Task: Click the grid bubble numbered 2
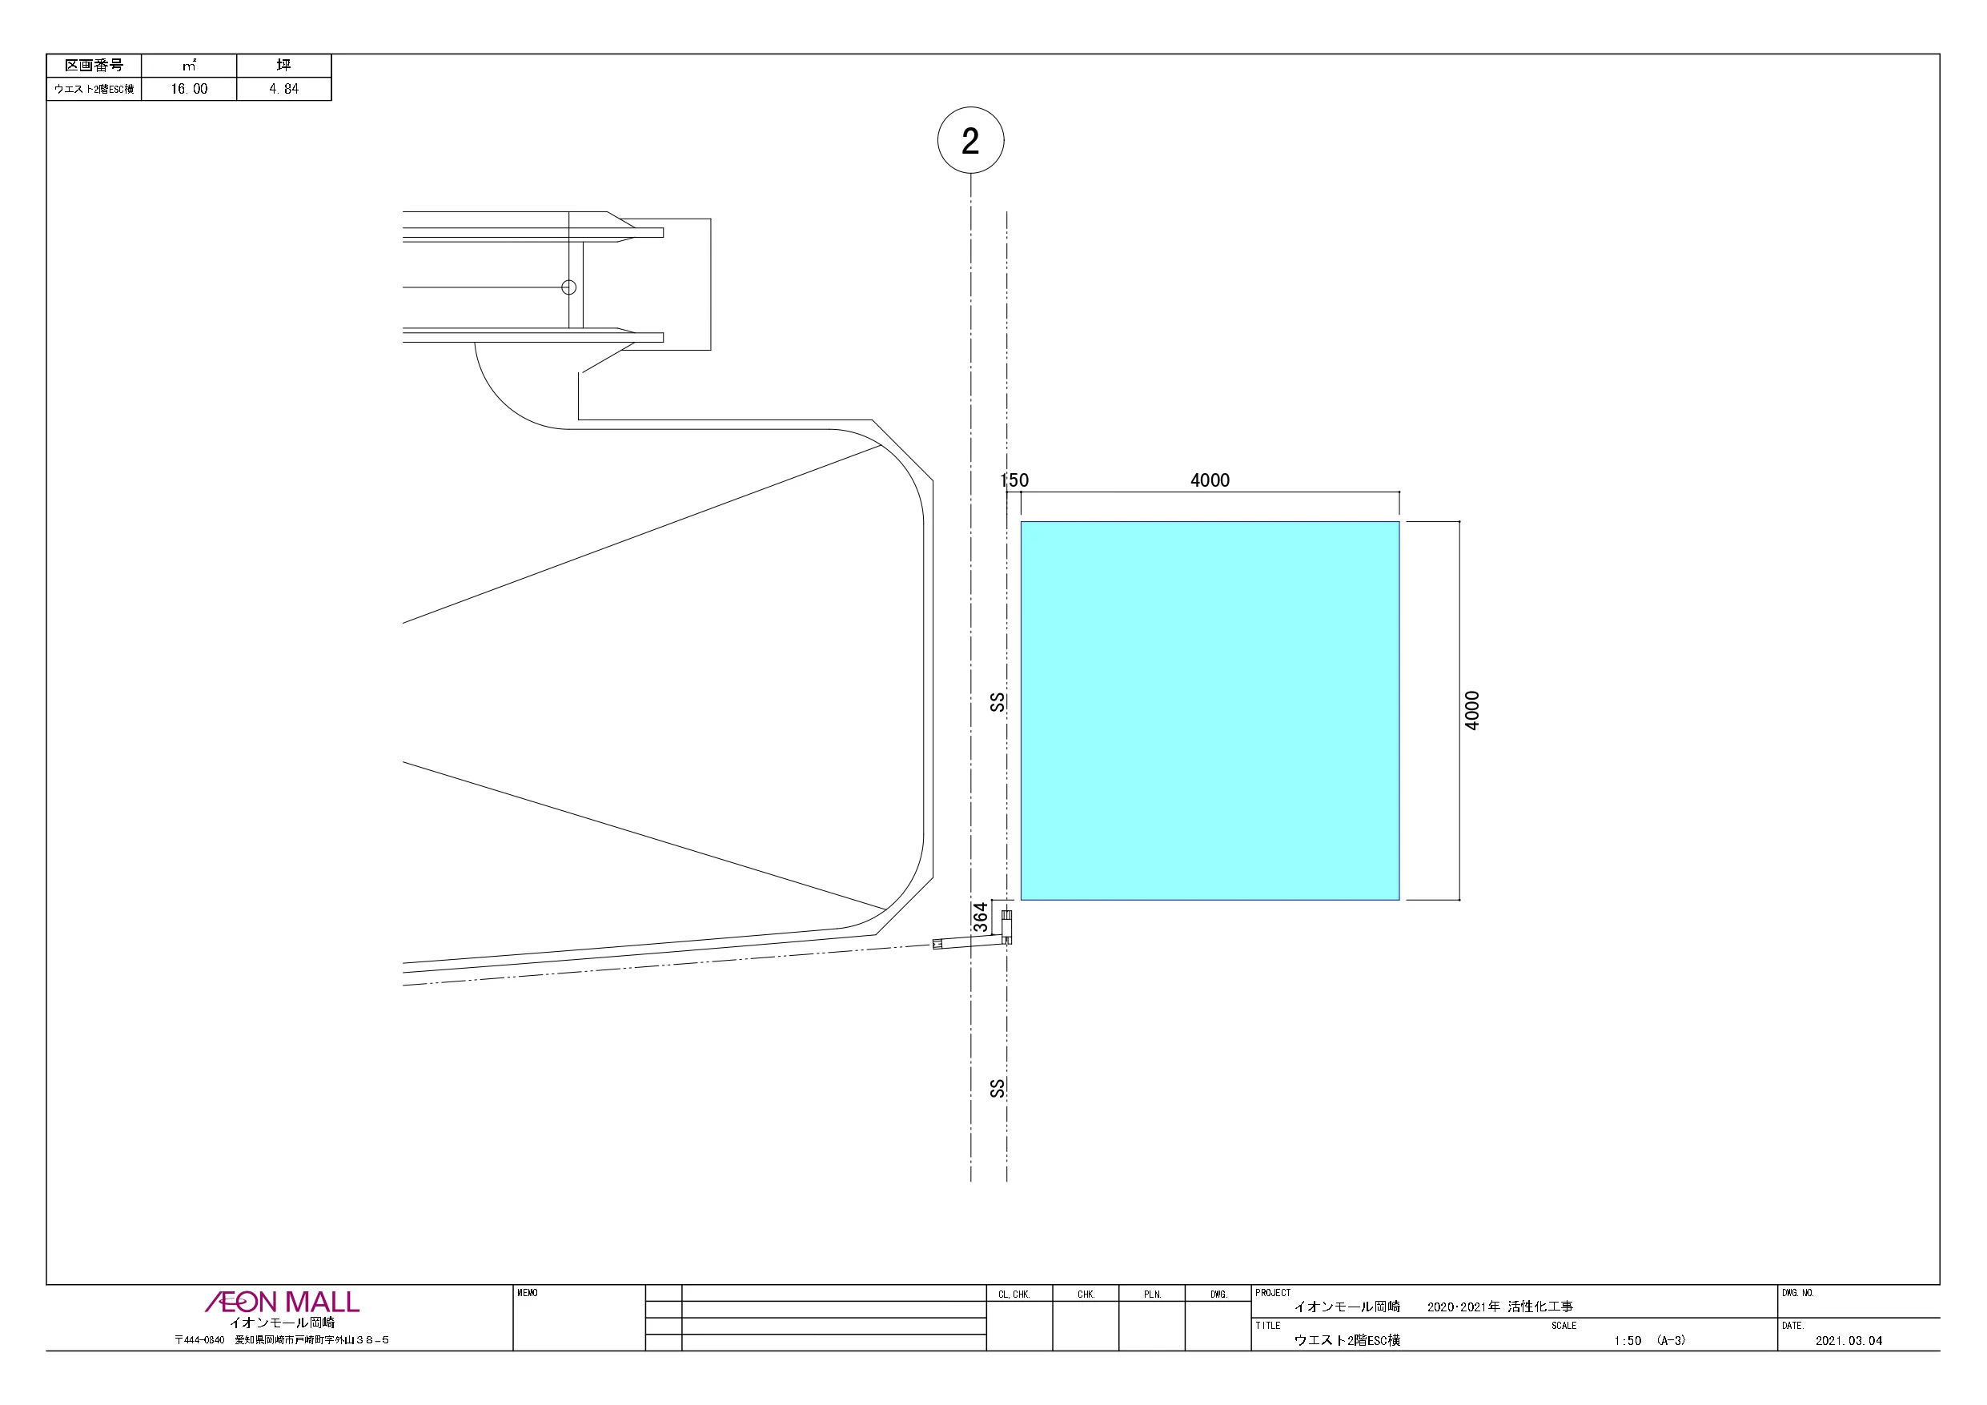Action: click(x=970, y=140)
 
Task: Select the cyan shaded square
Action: click(x=1210, y=711)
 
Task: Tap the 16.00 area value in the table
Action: click(x=189, y=89)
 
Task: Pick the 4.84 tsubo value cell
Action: click(x=284, y=89)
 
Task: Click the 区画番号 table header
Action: click(x=94, y=66)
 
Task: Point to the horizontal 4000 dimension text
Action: click(x=1210, y=480)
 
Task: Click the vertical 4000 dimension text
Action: click(x=1472, y=711)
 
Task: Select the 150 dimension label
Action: click(x=1014, y=480)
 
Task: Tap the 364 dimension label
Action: click(x=981, y=917)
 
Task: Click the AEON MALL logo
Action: click(x=282, y=1302)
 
